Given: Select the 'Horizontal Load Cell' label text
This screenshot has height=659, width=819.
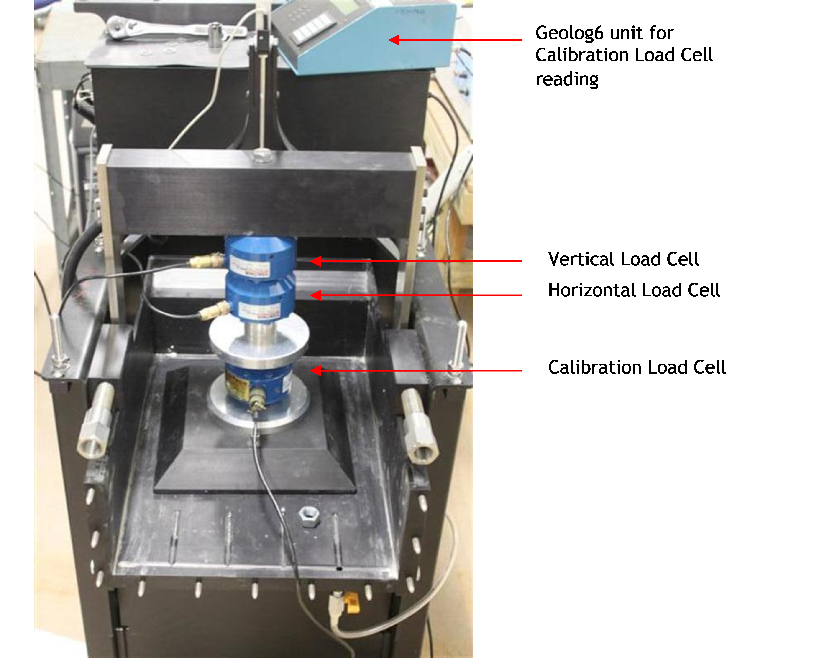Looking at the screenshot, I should (x=634, y=290).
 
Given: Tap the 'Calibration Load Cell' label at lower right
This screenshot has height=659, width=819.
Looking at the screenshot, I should (x=637, y=367).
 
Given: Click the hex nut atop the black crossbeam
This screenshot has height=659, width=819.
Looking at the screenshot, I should (x=262, y=156).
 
